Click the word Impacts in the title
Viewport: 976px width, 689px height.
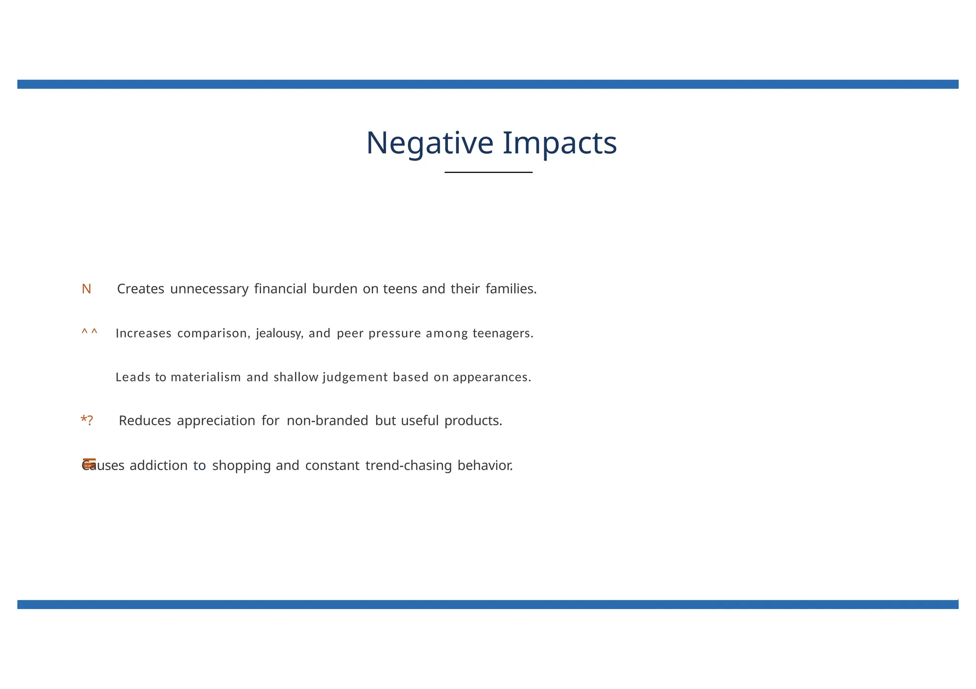560,143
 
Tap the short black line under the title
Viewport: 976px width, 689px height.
488,172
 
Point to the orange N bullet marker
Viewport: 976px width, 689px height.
86,289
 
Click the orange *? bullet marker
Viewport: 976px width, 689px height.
87,420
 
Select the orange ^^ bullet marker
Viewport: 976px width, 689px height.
89,332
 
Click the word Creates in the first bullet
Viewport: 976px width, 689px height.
141,289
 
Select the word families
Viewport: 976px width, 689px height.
511,289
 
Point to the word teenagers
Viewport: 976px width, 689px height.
503,333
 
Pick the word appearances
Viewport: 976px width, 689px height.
492,377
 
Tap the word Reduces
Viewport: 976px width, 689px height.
145,421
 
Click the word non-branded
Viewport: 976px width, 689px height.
327,421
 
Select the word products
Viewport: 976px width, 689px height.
473,421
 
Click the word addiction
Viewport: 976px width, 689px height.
159,465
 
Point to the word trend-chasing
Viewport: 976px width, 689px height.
408,465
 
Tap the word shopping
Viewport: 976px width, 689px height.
242,465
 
